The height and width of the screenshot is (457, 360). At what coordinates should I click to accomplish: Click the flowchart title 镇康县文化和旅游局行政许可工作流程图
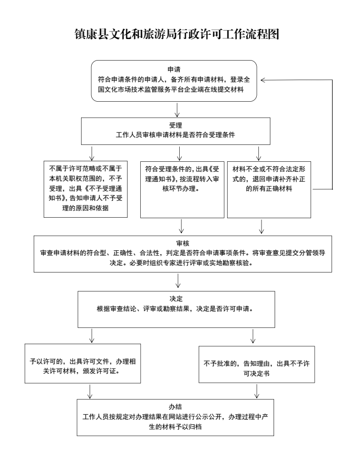180,35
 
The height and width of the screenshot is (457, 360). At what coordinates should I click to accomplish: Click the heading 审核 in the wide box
180,243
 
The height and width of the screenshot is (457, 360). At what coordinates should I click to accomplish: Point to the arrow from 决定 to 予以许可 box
93,335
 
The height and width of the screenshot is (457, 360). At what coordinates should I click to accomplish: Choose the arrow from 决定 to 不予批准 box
254,335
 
